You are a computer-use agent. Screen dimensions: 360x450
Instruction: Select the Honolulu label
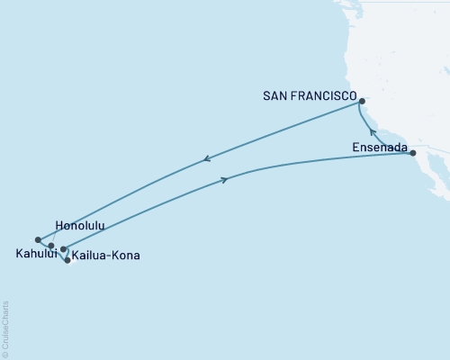81,225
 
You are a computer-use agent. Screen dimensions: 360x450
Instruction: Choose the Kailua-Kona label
106,256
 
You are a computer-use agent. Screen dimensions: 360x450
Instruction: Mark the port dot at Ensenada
413,154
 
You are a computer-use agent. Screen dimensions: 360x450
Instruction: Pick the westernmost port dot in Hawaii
38,239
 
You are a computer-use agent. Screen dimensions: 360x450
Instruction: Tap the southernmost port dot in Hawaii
67,260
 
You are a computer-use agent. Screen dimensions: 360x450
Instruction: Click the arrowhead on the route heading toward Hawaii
206,160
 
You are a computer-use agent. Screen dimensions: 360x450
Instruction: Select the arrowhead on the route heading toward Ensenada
224,180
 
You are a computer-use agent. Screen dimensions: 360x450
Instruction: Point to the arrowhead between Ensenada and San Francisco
373,132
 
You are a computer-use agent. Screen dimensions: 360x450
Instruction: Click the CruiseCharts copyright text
5,328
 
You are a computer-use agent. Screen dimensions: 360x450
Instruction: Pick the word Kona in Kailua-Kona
125,256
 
